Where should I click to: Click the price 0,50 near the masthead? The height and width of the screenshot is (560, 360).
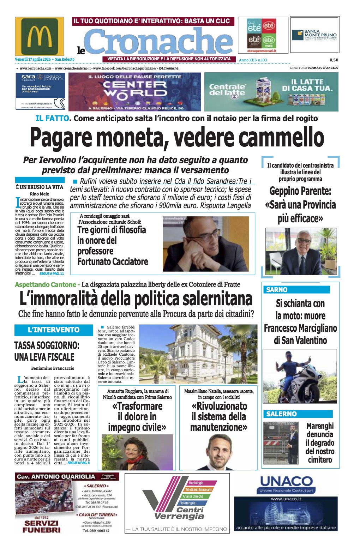(334, 60)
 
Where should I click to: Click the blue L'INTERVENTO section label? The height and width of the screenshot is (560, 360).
(54, 330)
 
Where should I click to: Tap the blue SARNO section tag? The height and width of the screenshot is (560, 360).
(277, 290)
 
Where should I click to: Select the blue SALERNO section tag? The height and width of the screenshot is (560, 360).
(282, 414)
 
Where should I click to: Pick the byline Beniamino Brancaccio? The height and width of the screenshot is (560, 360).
(53, 368)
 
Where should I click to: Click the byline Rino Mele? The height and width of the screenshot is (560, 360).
(40, 194)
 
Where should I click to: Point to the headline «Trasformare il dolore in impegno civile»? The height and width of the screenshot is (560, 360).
(137, 416)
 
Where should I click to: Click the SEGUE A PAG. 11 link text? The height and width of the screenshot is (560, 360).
(52, 273)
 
